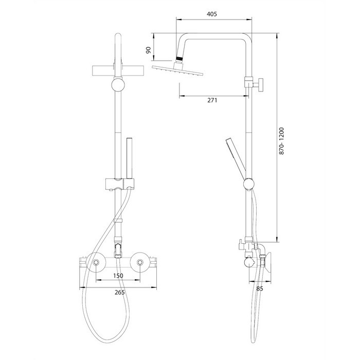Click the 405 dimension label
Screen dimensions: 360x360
211,14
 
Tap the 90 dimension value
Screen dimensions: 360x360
149,50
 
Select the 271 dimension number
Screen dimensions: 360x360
212,100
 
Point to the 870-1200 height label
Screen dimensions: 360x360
281,141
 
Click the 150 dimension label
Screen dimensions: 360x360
118,276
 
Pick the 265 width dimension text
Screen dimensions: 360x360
120,292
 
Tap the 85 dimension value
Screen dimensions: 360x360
259,289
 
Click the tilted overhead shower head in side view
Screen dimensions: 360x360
178,70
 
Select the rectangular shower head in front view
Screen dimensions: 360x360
118,71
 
